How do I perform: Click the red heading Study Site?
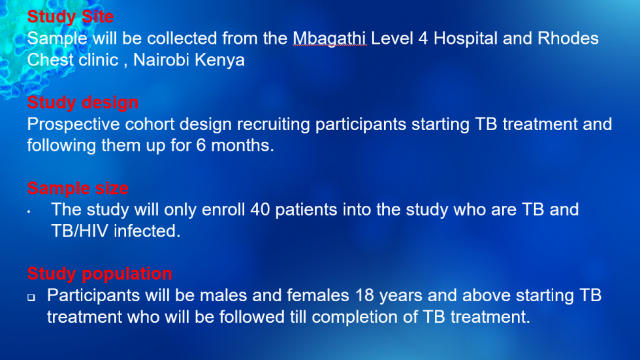click(x=71, y=17)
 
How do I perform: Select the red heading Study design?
click(x=83, y=103)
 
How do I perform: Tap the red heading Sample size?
click(x=78, y=188)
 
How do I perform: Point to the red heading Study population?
click(x=99, y=274)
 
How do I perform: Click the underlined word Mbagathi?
click(x=329, y=39)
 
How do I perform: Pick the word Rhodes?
click(x=568, y=39)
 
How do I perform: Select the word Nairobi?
click(x=161, y=60)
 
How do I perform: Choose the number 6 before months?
click(x=201, y=145)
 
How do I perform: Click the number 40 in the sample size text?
click(x=260, y=210)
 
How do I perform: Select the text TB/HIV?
click(x=80, y=231)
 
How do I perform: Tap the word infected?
click(x=147, y=231)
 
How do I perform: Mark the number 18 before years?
click(x=364, y=295)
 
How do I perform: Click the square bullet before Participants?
click(x=31, y=297)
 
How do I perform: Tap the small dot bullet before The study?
click(x=29, y=212)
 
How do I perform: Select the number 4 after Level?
click(x=423, y=39)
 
